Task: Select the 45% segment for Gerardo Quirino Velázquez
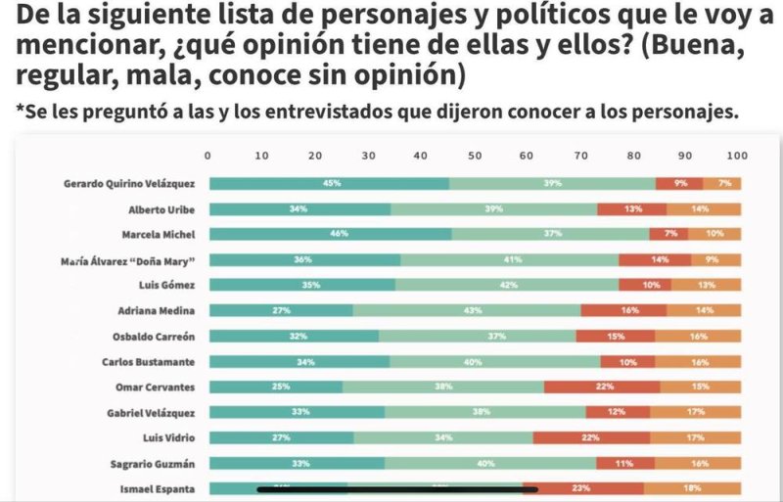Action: coord(331,183)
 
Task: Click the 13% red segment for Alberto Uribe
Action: coord(632,208)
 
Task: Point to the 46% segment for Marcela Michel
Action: coord(331,234)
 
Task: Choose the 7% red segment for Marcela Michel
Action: coord(669,234)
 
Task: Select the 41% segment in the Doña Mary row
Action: coord(509,259)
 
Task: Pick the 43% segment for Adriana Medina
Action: coord(467,310)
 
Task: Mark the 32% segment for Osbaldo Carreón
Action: coord(294,336)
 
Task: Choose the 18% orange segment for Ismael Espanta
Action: coord(692,487)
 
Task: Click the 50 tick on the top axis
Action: coord(474,155)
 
